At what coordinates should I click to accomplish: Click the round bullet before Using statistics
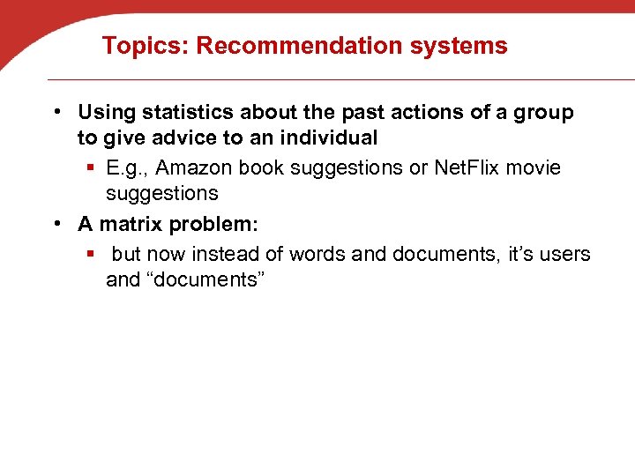pos(56,113)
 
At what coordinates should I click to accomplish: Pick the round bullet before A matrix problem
pos(56,224)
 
